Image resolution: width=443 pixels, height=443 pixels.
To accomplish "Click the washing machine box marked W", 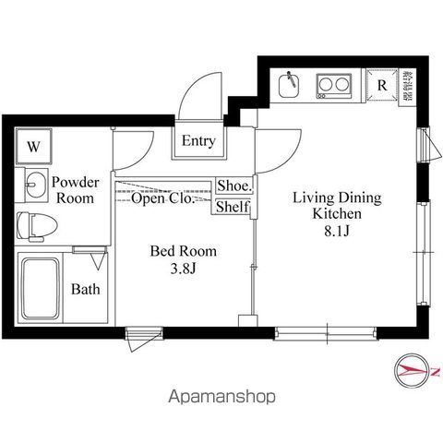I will pyautogui.click(x=34, y=147).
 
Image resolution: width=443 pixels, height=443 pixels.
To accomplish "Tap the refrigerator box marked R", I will pyautogui.click(x=381, y=85).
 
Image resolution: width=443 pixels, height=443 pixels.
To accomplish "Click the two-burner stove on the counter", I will pyautogui.click(x=333, y=86).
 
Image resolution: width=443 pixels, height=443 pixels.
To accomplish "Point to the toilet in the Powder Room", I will pyautogui.click(x=37, y=223).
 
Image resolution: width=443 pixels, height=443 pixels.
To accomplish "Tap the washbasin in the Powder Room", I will pyautogui.click(x=34, y=184).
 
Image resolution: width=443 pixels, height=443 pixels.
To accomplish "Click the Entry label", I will pyautogui.click(x=198, y=142).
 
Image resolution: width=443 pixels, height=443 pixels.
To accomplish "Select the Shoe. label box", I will pyautogui.click(x=233, y=186).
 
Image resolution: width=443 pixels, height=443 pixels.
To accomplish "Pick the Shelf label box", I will pyautogui.click(x=233, y=207).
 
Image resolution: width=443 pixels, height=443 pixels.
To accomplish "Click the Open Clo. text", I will pyautogui.click(x=162, y=198).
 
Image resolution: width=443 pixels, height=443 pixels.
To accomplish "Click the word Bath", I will pyautogui.click(x=86, y=289).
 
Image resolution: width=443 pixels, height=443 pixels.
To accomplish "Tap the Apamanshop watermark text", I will pyautogui.click(x=221, y=399).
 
